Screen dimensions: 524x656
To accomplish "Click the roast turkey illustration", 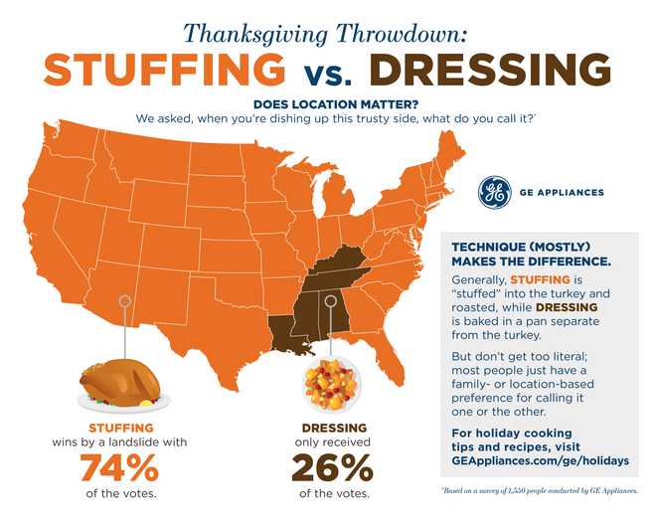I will tap(122, 384).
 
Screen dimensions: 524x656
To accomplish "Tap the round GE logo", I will tap(494, 192).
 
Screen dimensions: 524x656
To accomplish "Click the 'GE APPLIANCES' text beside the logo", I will tap(563, 193).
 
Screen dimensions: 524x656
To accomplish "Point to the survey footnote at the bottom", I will tap(537, 491).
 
